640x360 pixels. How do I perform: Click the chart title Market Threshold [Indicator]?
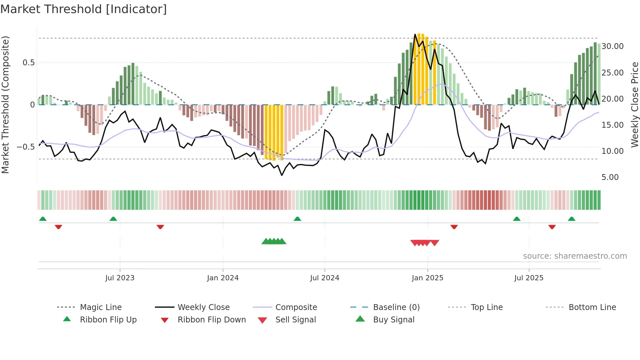coord(84,9)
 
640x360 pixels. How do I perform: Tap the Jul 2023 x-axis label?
coord(120,278)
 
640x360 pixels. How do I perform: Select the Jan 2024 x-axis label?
coord(223,278)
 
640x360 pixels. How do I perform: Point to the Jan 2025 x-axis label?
coord(427,278)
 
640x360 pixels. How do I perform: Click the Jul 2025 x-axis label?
coord(529,278)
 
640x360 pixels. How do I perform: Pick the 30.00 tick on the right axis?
coord(613,46)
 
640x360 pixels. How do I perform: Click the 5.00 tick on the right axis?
coord(610,177)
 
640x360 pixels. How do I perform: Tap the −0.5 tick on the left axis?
coord(26,147)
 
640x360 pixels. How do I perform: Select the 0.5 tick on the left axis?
coord(28,63)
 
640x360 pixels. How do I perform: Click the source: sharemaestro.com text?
coord(575,256)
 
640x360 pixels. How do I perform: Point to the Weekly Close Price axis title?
coord(634,105)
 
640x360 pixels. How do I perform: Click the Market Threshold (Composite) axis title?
coord(5,105)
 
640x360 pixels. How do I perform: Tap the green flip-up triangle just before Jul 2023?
coord(113,219)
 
